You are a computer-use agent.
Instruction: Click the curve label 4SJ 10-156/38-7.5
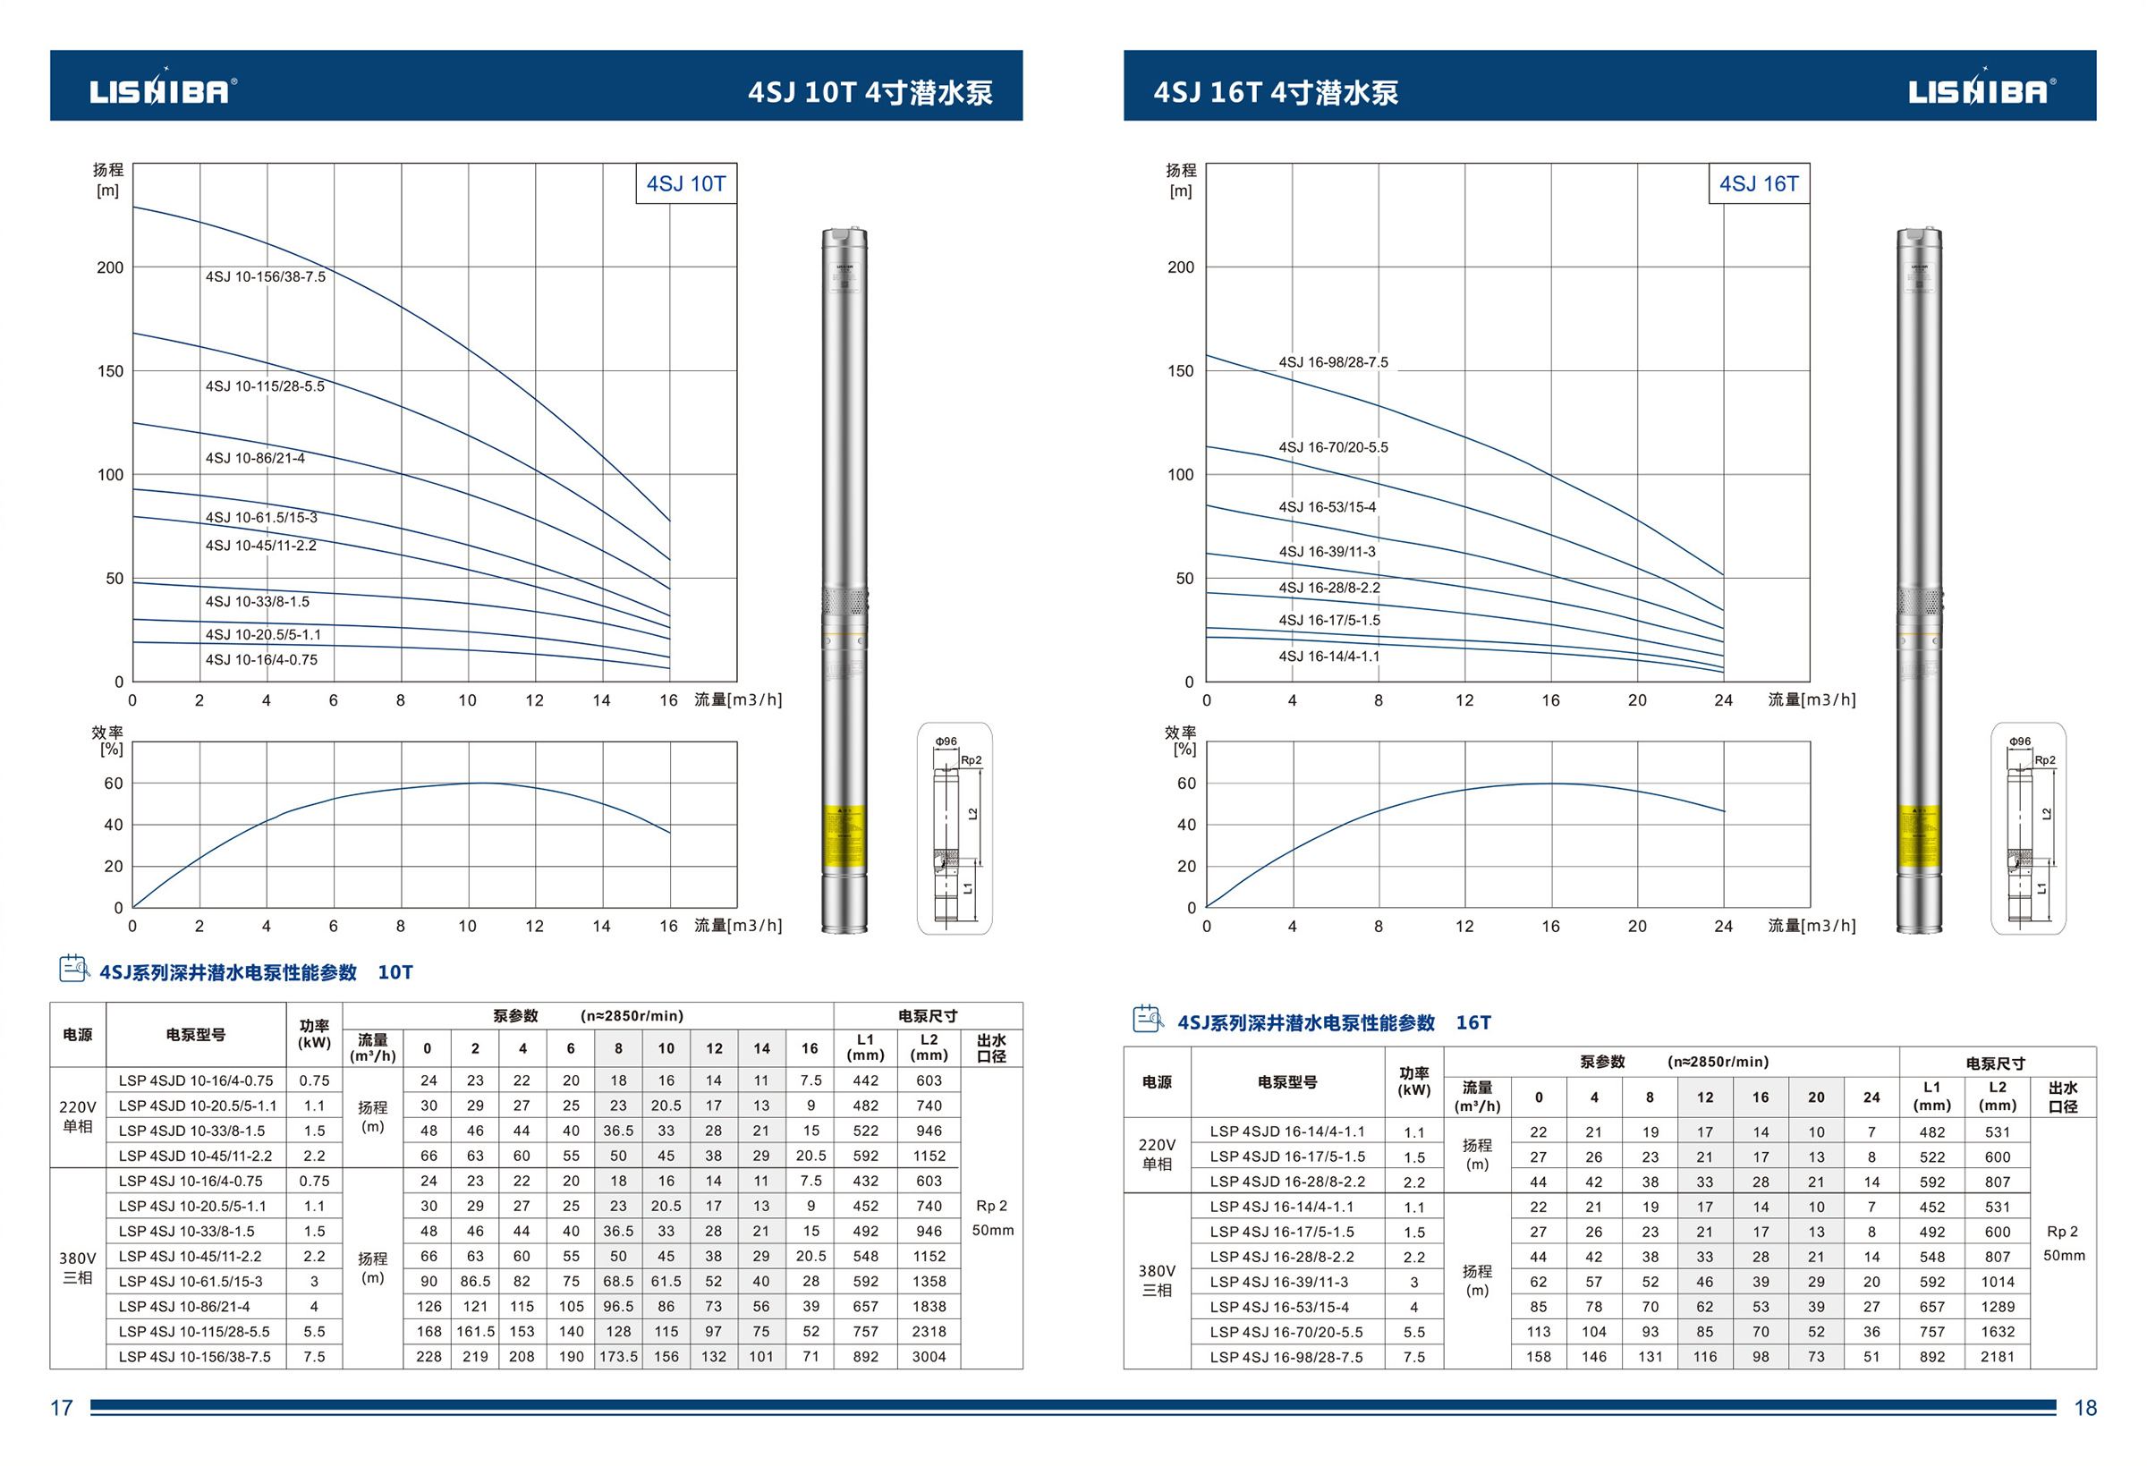pos(265,277)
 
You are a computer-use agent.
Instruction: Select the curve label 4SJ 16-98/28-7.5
pos(1332,362)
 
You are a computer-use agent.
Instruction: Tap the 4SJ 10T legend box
pos(685,184)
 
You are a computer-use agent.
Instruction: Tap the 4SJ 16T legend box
pos(1758,184)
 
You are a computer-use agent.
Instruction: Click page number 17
pos(62,1408)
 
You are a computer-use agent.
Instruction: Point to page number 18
pos(2085,1408)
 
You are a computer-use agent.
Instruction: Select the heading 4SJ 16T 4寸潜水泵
pos(1275,92)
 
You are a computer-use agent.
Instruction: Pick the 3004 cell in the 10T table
pos(929,1357)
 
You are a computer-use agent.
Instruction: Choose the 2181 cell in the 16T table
pos(1997,1357)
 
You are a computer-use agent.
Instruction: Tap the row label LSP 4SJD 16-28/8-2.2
pos(1286,1182)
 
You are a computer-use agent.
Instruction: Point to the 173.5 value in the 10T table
pos(618,1357)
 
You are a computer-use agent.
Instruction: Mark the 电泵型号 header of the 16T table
pos(1286,1081)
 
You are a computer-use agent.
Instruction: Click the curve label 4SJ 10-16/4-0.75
pos(261,659)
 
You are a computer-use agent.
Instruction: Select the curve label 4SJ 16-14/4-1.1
pos(1328,657)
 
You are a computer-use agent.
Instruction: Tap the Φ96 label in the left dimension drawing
pos(945,741)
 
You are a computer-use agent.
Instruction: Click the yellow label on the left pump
pos(844,836)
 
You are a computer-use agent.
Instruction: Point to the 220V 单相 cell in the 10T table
pos(78,1117)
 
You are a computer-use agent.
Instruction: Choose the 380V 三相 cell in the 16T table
pos(1157,1280)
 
